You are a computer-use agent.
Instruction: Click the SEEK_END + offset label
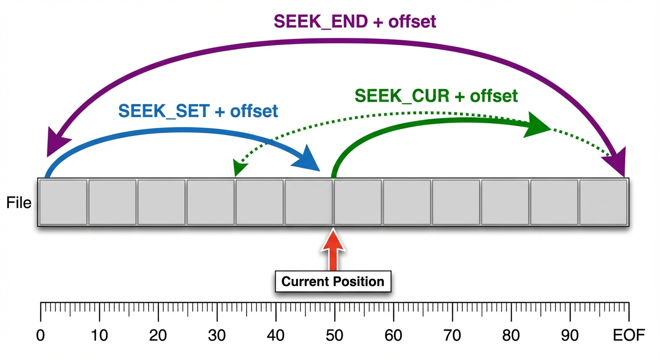pyautogui.click(x=355, y=21)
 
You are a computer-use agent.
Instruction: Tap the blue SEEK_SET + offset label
pyautogui.click(x=198, y=111)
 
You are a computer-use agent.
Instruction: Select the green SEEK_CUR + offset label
pyautogui.click(x=436, y=96)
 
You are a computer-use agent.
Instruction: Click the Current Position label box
pyautogui.click(x=333, y=281)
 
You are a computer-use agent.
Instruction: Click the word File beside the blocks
pyautogui.click(x=19, y=203)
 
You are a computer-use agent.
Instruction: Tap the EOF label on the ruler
pyautogui.click(x=629, y=336)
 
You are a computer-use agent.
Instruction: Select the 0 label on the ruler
pyautogui.click(x=41, y=336)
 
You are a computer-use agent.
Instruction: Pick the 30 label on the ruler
pyautogui.click(x=217, y=336)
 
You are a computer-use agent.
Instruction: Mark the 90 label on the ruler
pyautogui.click(x=569, y=336)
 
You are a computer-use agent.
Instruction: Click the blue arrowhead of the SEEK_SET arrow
pyautogui.click(x=307, y=159)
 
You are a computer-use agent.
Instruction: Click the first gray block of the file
pyautogui.click(x=63, y=202)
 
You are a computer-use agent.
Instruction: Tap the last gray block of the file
pyautogui.click(x=603, y=202)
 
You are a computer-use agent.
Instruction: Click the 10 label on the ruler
pyautogui.click(x=99, y=336)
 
